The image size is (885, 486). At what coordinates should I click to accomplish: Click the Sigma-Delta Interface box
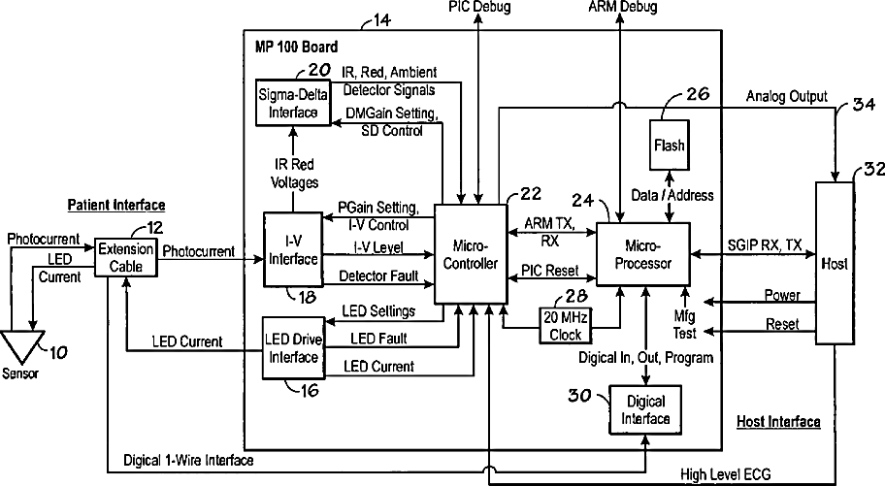click(292, 103)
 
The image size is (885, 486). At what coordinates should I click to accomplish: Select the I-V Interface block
click(293, 249)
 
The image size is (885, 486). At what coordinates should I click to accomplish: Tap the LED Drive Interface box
click(293, 347)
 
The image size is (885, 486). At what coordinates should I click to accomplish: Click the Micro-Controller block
click(470, 254)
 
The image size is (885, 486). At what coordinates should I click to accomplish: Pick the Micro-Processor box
click(642, 254)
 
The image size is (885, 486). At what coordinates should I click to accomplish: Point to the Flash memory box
click(669, 146)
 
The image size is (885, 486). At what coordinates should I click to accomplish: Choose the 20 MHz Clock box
click(565, 326)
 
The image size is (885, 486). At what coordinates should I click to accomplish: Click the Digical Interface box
click(645, 409)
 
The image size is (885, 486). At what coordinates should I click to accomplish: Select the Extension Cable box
click(125, 258)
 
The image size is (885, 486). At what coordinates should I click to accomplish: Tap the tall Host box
click(835, 263)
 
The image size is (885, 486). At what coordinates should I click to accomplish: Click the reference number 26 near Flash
click(697, 94)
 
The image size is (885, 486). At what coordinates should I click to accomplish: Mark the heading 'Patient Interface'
click(116, 205)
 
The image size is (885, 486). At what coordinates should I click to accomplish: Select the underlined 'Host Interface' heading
click(778, 422)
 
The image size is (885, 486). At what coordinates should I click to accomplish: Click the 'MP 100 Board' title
click(296, 47)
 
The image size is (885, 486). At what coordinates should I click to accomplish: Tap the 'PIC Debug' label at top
click(479, 6)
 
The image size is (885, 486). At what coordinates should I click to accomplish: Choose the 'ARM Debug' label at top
click(623, 6)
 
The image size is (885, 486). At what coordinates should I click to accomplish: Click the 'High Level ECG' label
click(725, 474)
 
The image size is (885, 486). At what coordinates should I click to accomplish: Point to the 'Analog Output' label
click(786, 97)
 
